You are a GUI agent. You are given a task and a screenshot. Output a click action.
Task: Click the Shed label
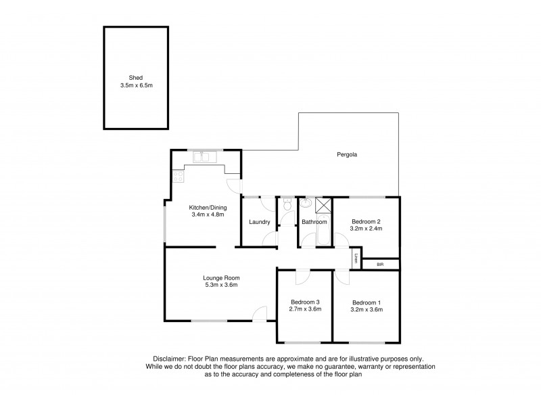136,78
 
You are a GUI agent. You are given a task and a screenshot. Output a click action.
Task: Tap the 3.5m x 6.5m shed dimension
136,85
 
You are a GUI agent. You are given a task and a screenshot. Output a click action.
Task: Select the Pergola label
347,155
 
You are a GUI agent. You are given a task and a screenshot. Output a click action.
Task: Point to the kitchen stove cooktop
179,177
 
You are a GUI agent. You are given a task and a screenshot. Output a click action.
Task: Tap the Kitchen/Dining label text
207,207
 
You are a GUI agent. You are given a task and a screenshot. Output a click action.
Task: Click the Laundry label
260,222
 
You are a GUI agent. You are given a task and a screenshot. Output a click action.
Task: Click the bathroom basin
306,202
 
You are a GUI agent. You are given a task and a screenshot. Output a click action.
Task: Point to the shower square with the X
324,206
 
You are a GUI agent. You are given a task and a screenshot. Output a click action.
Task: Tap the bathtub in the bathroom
316,237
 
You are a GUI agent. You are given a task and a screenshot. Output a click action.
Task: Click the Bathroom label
314,222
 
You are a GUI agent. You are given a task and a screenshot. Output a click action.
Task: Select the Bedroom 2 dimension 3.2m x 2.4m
366,229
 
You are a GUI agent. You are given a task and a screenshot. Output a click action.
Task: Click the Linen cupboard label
355,258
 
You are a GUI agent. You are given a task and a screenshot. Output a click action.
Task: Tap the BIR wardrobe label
380,264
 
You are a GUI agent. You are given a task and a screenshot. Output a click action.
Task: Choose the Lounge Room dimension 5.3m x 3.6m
221,285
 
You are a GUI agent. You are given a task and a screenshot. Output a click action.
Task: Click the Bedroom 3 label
305,302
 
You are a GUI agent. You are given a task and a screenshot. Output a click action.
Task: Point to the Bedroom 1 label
366,302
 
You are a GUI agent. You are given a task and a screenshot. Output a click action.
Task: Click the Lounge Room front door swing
258,313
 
